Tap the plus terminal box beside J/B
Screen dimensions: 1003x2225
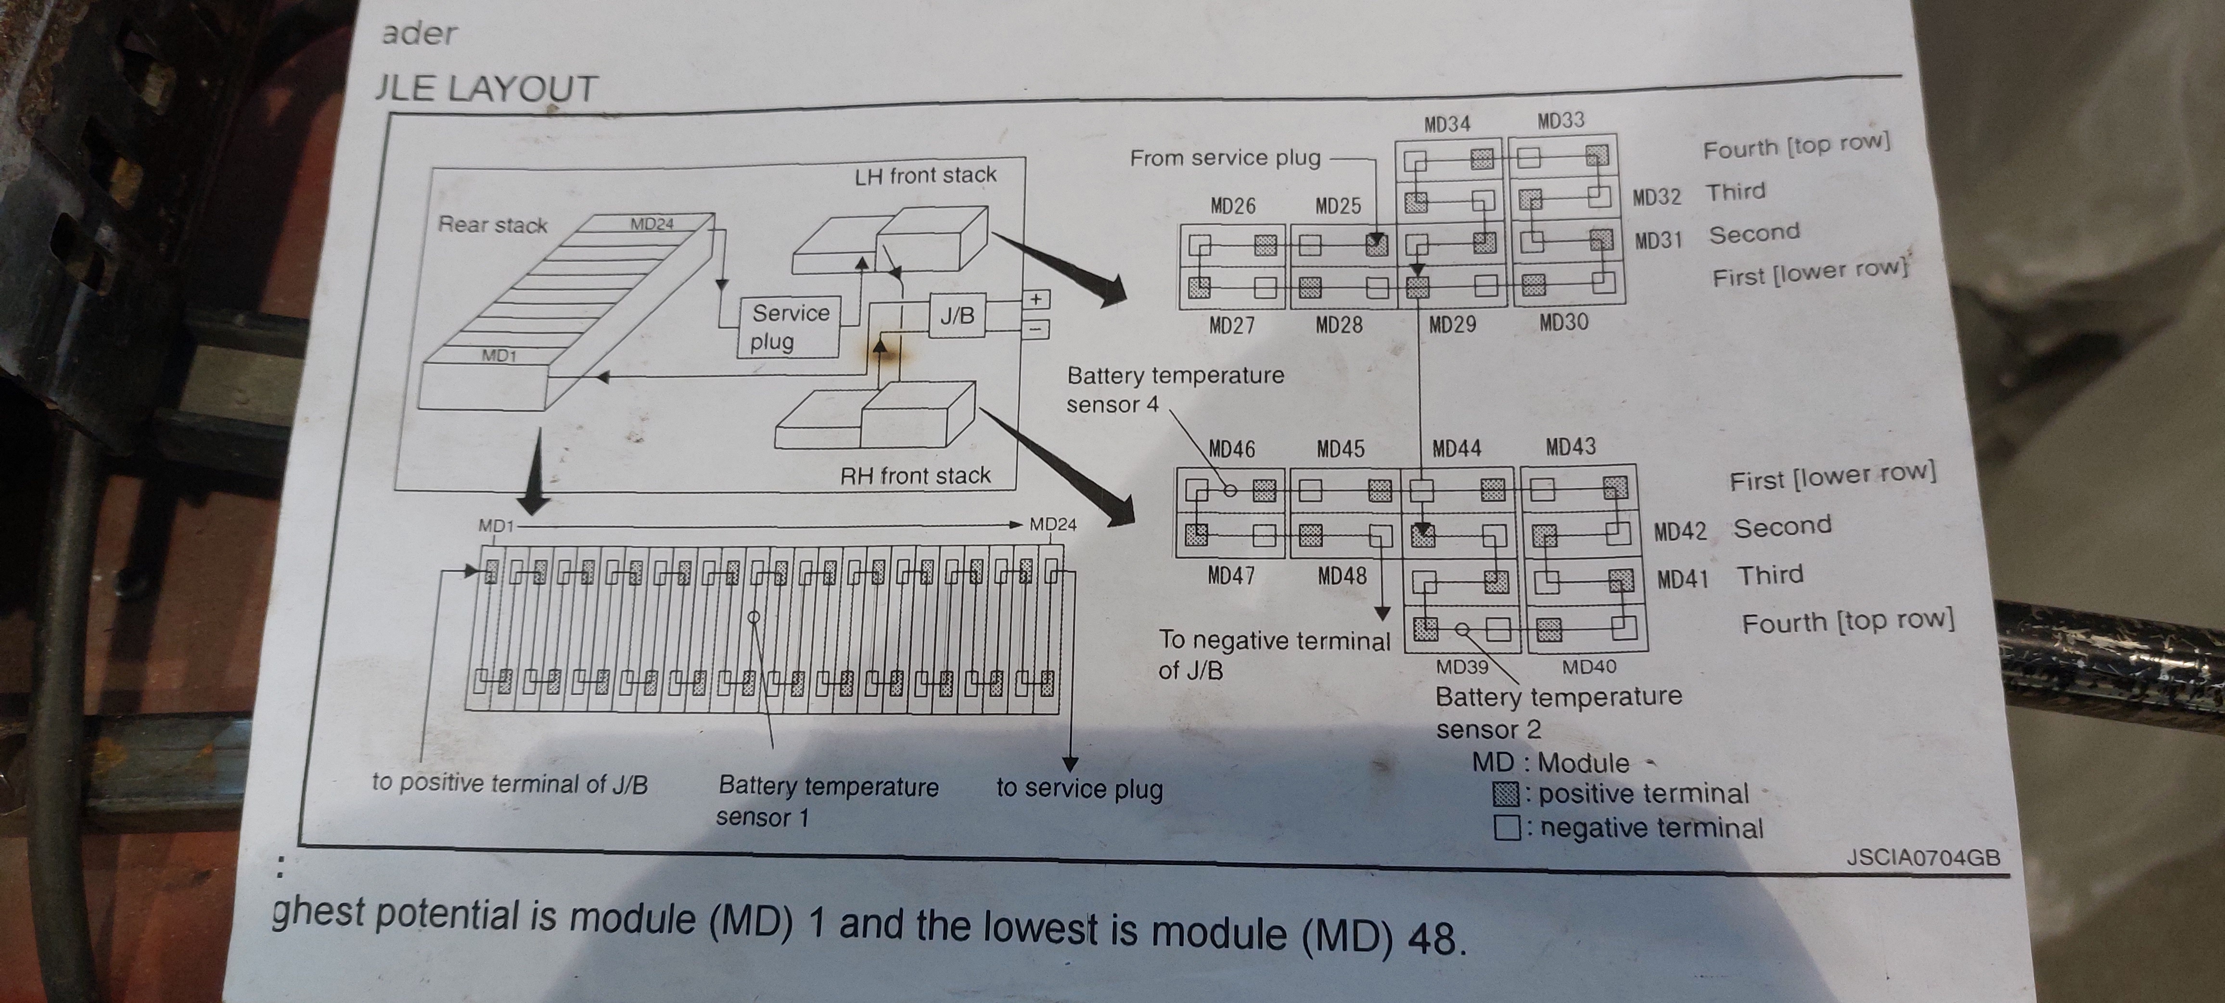1036,299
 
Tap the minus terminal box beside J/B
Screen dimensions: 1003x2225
1036,328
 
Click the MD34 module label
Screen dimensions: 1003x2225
1447,124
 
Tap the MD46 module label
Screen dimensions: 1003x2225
1232,449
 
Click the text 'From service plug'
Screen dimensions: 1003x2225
1225,158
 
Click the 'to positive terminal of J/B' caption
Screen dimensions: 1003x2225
510,783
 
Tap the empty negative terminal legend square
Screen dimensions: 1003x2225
1507,828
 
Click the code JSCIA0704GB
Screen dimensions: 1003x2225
1923,857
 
